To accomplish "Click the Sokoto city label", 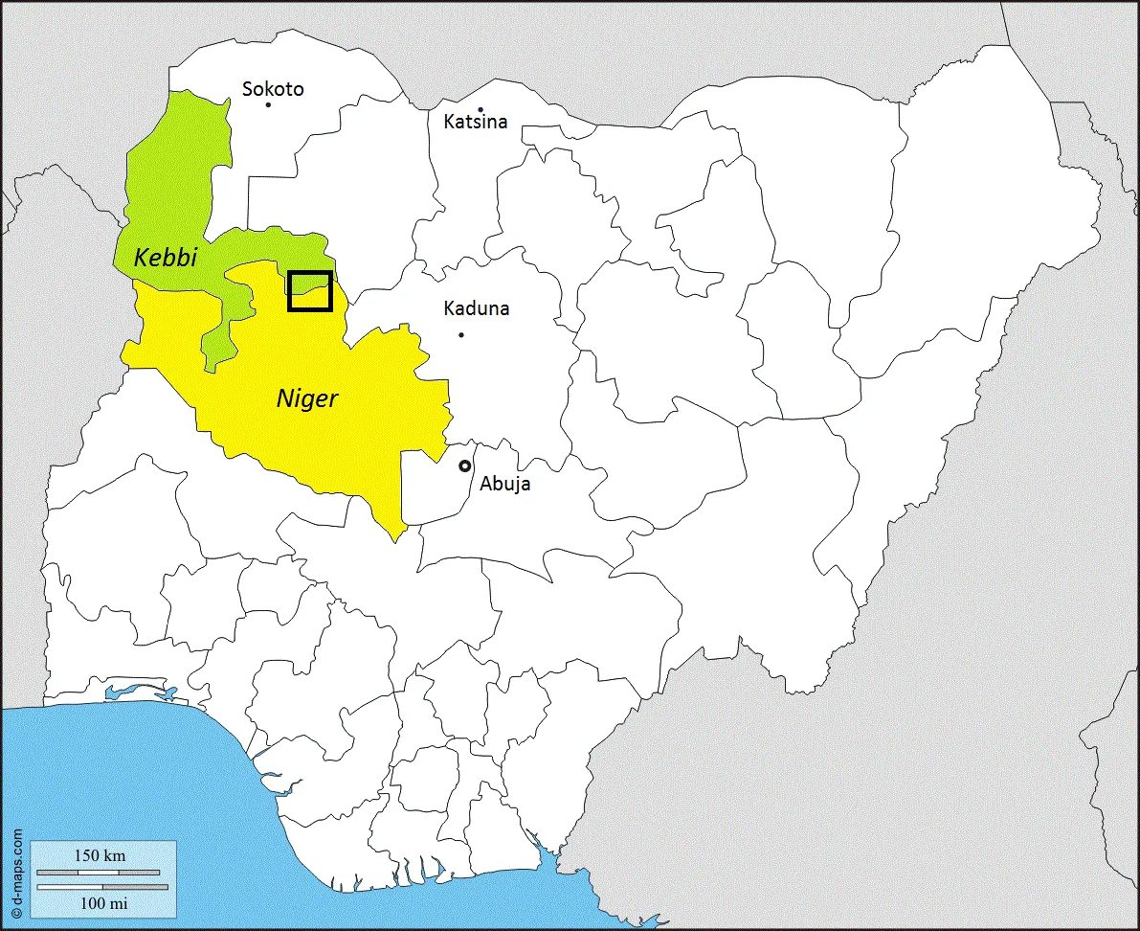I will click(x=273, y=89).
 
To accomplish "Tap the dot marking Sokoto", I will click(x=268, y=104).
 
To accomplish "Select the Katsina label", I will click(x=475, y=123).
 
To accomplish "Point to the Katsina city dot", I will click(x=481, y=109).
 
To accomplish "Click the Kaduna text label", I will click(x=477, y=308).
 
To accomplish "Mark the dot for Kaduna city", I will click(x=461, y=334).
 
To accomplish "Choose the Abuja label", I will click(x=505, y=484).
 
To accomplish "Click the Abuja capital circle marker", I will click(x=465, y=465).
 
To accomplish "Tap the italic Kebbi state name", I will click(x=165, y=257).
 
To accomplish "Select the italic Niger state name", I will click(x=307, y=397).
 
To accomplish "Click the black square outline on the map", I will click(x=310, y=291).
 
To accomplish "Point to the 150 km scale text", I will click(x=100, y=855).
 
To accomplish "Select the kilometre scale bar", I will click(x=99, y=873).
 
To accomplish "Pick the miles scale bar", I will click(x=102, y=887).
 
